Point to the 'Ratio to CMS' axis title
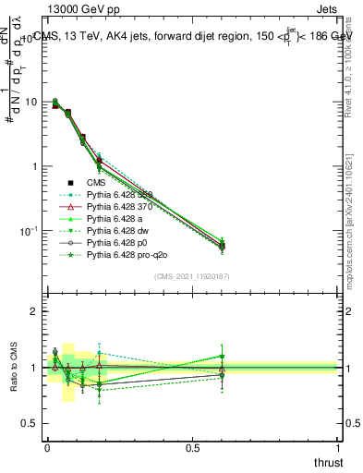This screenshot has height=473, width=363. [x=13, y=367]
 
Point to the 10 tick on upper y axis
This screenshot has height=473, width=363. [x=30, y=102]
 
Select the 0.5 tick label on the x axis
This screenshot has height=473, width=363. [x=192, y=447]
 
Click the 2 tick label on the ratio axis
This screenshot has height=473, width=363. [x=34, y=312]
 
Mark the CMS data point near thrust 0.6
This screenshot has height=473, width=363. [x=222, y=246]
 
